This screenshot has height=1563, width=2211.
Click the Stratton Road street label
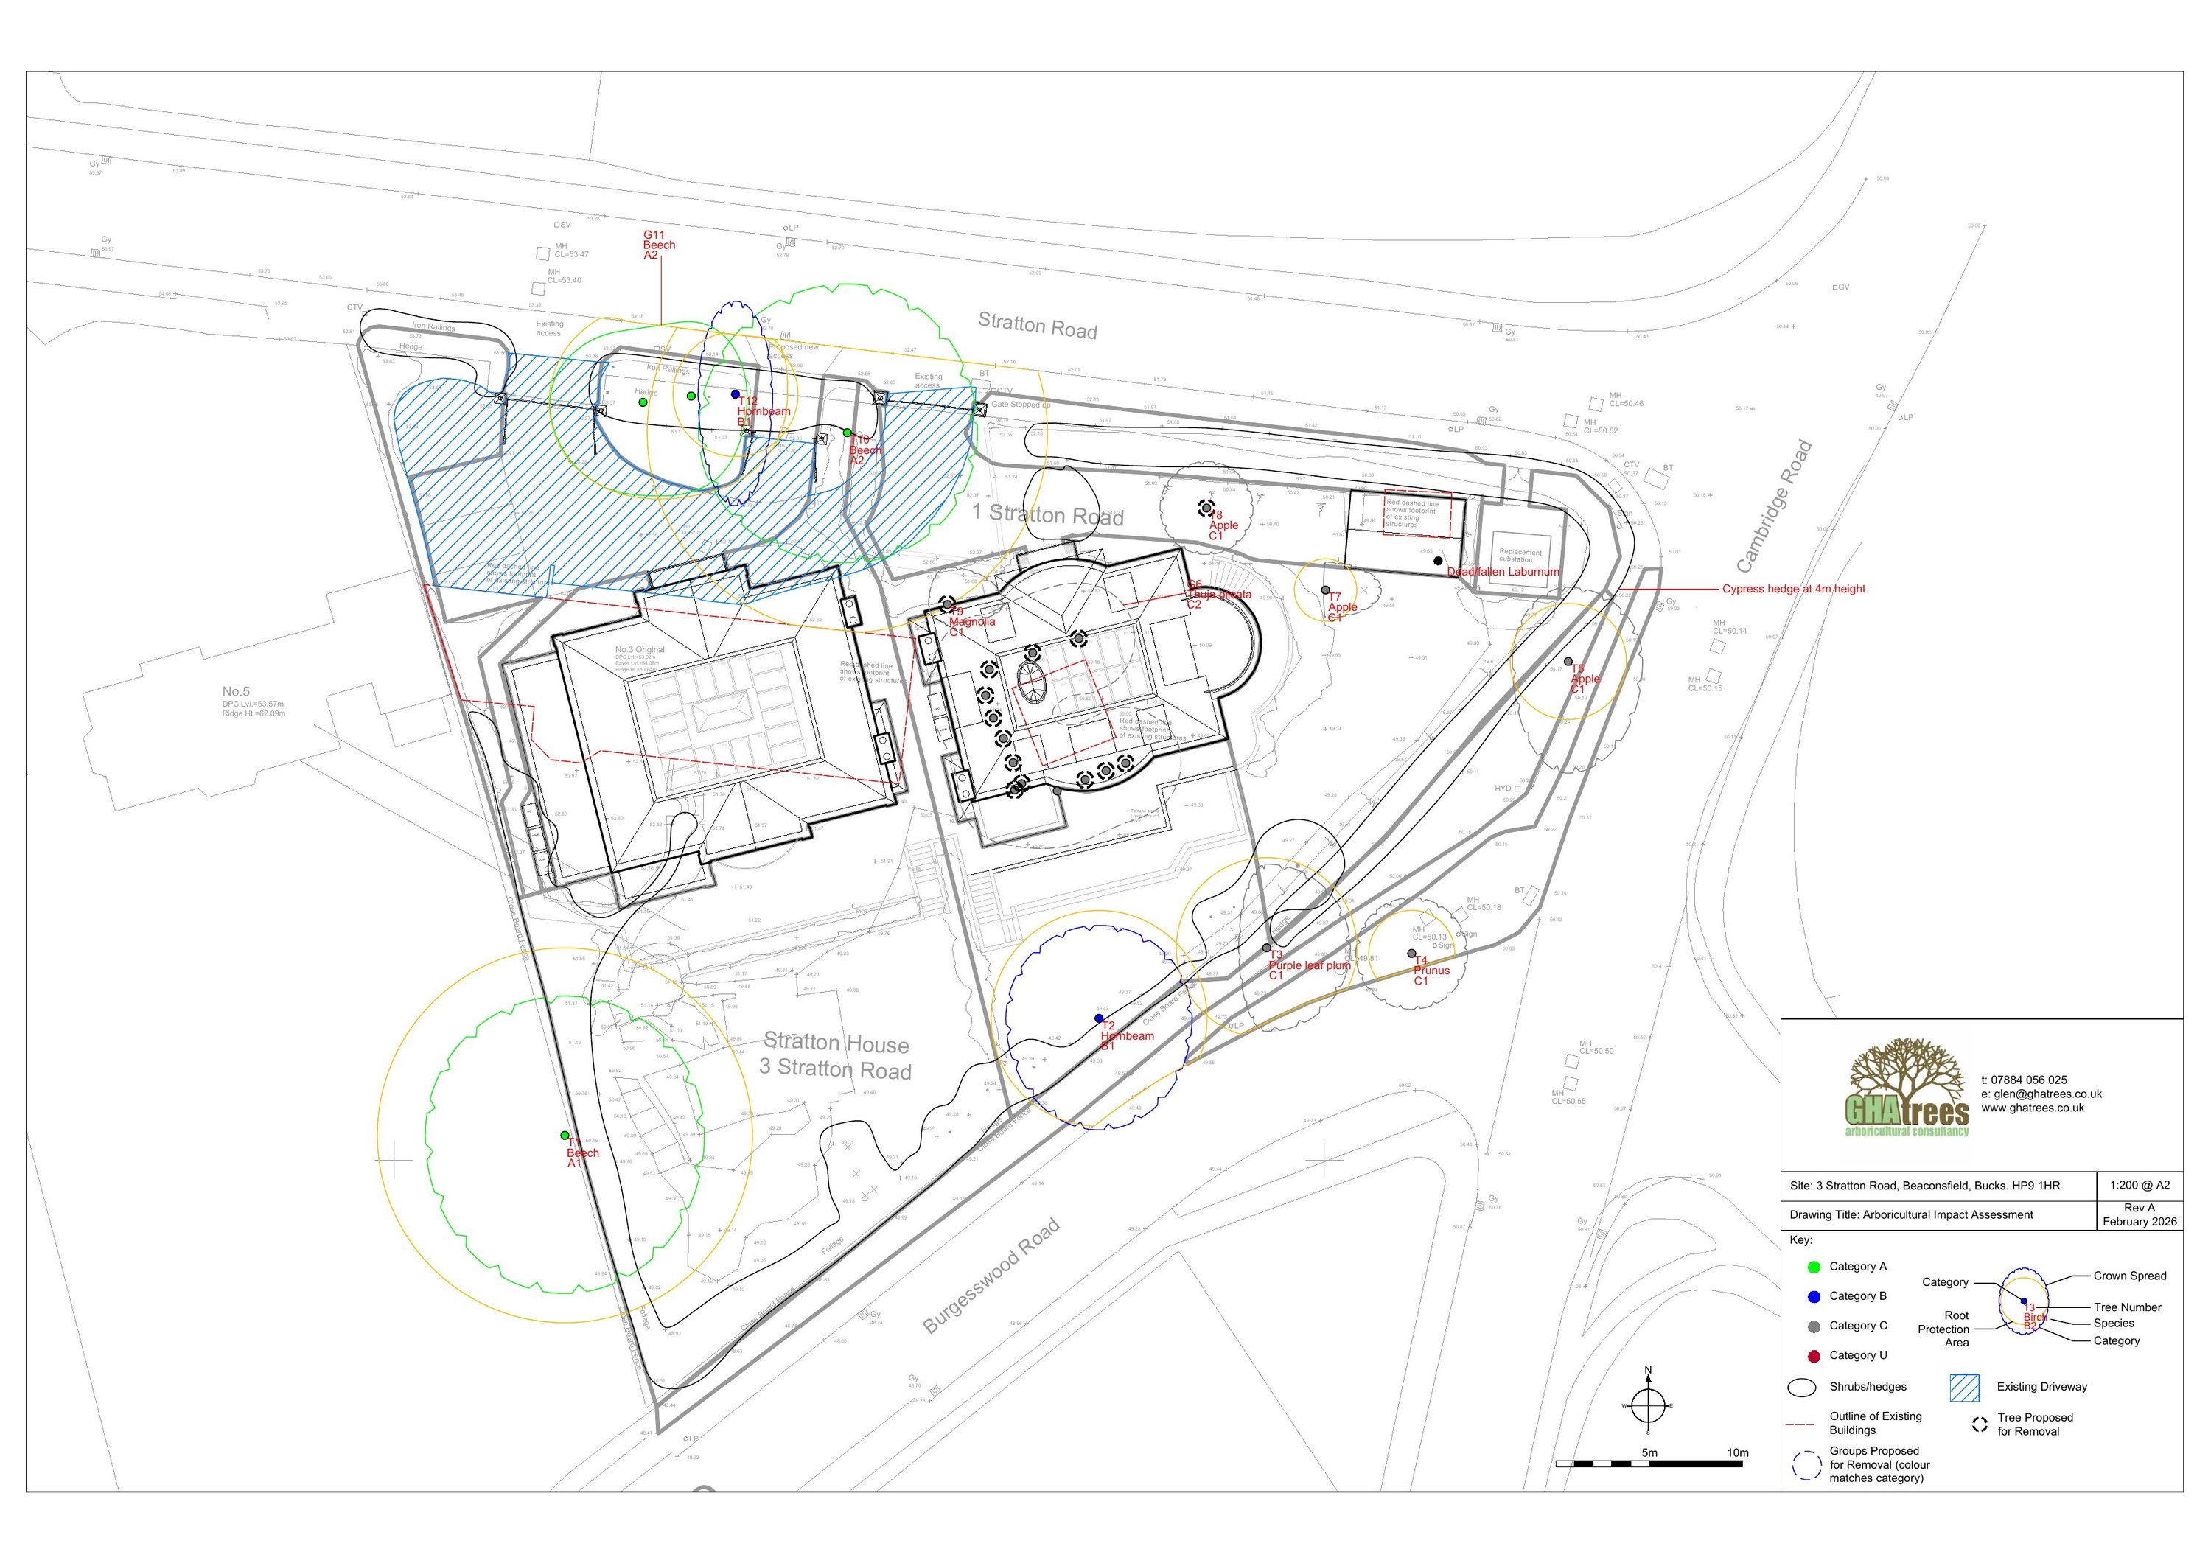(1037, 326)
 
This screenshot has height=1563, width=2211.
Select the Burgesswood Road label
(991, 1276)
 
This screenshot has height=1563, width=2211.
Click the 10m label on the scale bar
(1736, 1452)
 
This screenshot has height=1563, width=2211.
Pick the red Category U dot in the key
(1814, 1355)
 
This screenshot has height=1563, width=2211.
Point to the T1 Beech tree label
(581, 1152)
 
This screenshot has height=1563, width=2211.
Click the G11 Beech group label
(659, 245)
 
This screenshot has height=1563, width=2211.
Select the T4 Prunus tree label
(1431, 970)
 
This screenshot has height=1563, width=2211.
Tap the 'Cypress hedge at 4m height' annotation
(1793, 588)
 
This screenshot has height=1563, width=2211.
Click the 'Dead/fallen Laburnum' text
(1502, 571)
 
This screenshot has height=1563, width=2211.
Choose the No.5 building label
(236, 691)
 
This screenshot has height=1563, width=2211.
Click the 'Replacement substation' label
(1520, 556)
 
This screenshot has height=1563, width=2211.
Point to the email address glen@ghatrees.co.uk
(2041, 1094)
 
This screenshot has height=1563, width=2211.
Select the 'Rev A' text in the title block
(2139, 1208)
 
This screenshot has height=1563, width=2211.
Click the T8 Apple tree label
(1223, 525)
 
